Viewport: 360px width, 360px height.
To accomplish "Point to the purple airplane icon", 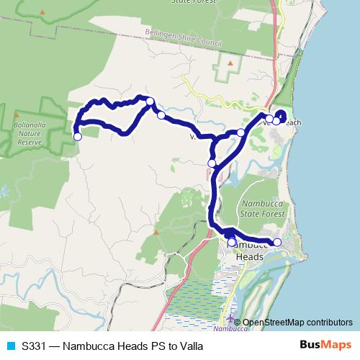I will click(x=229, y=319).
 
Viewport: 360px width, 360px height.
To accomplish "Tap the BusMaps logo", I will click(x=325, y=346).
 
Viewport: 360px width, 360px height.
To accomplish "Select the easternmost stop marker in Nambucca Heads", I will click(x=277, y=242).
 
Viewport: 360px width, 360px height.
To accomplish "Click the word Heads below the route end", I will click(x=250, y=257).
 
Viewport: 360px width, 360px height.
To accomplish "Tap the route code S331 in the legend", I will click(x=33, y=346).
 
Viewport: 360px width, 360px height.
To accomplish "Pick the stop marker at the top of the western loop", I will click(x=150, y=102).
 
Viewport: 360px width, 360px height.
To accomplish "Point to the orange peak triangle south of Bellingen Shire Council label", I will click(x=230, y=63).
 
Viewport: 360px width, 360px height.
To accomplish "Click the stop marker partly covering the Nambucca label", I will click(x=231, y=243).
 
